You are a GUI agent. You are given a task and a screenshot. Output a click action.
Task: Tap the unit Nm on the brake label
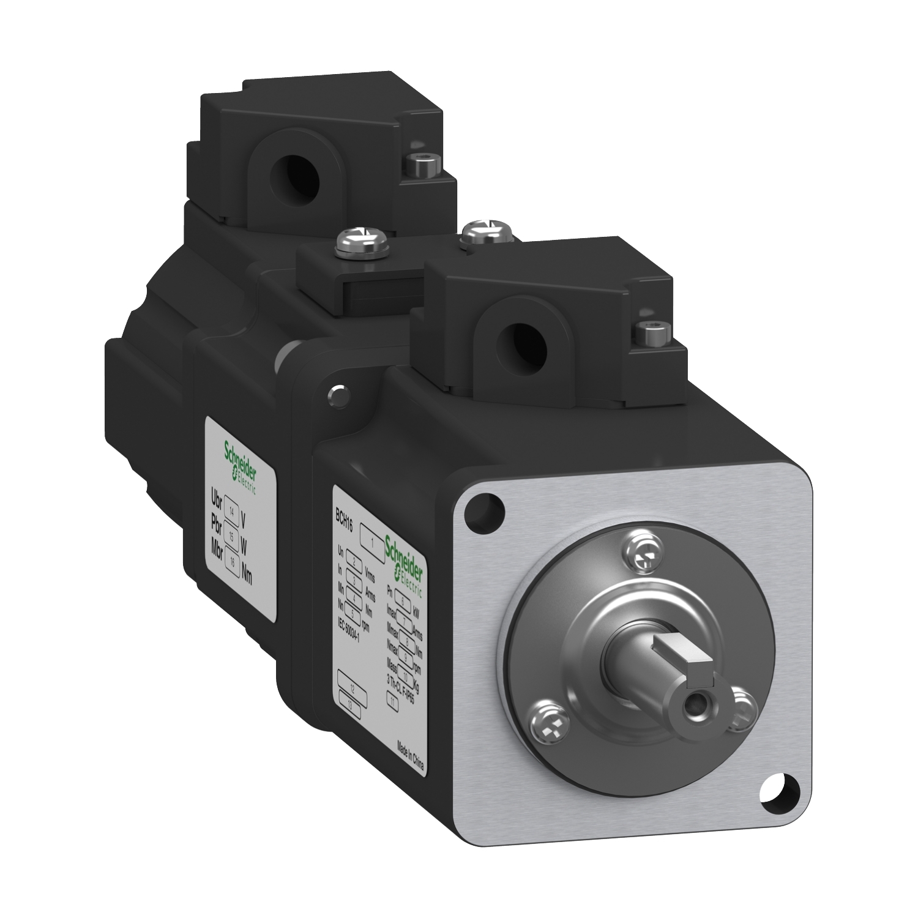pos(250,574)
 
